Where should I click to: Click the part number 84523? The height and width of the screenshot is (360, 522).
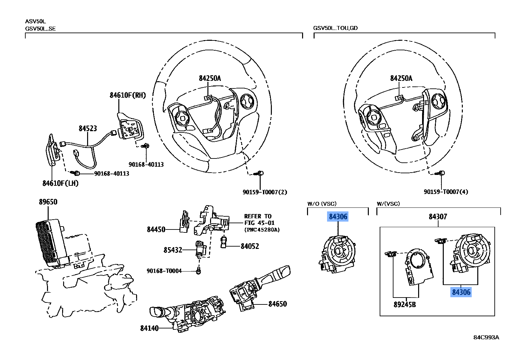point(88,128)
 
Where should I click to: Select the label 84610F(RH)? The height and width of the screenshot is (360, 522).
point(128,95)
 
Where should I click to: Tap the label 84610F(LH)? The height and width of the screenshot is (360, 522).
point(60,183)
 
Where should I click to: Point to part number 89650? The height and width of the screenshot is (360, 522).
point(48,202)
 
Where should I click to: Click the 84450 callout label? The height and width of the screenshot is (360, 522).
point(156,229)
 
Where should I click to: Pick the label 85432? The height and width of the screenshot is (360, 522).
point(173,250)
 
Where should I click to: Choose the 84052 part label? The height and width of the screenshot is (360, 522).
point(250,246)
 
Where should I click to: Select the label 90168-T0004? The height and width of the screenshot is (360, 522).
point(164,271)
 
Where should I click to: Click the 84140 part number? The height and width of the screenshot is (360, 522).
point(149,328)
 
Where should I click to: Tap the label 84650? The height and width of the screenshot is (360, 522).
point(277,304)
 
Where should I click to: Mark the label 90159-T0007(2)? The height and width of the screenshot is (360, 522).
point(265,192)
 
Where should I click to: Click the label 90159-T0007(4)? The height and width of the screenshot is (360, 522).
point(446,192)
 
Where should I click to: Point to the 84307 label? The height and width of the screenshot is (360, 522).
point(438,217)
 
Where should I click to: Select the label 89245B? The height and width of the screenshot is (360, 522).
point(405,305)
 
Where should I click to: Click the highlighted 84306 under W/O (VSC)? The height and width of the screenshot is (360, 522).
point(338,217)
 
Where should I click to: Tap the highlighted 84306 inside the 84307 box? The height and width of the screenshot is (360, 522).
point(461,292)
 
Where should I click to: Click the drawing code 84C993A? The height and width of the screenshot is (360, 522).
point(486,338)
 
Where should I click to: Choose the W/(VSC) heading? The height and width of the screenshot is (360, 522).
point(388,204)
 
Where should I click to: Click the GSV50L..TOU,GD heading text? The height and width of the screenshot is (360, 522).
point(335,28)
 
